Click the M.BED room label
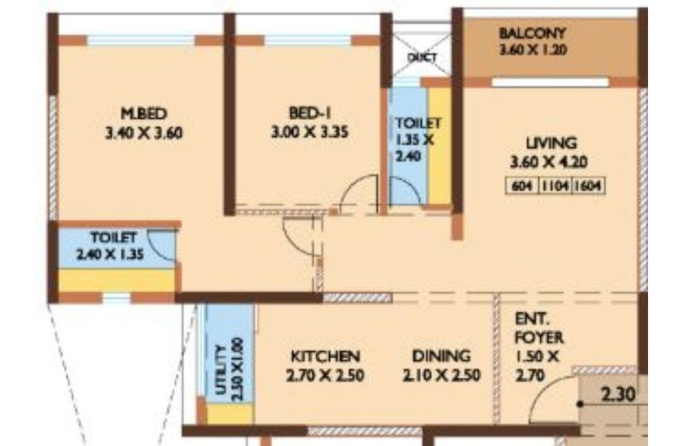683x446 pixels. pyautogui.click(x=143, y=113)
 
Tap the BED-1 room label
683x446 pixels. pyautogui.click(x=310, y=113)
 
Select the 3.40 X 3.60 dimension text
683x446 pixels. pyautogui.click(x=143, y=133)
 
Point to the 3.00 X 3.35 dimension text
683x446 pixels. pyautogui.click(x=310, y=131)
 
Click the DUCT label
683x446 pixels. pyautogui.click(x=422, y=58)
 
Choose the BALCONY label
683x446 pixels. pyautogui.click(x=532, y=33)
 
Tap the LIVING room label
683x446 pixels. pyautogui.click(x=551, y=143)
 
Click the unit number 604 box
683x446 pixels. pyautogui.click(x=522, y=186)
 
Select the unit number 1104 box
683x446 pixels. pyautogui.click(x=555, y=186)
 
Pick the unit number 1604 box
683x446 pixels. pyautogui.click(x=587, y=186)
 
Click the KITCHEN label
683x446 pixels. pyautogui.click(x=325, y=356)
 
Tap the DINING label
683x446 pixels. pyautogui.click(x=441, y=356)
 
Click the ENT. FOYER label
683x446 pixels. pyautogui.click(x=539, y=328)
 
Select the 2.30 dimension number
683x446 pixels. pyautogui.click(x=618, y=395)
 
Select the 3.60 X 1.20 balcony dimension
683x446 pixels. pyautogui.click(x=532, y=50)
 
